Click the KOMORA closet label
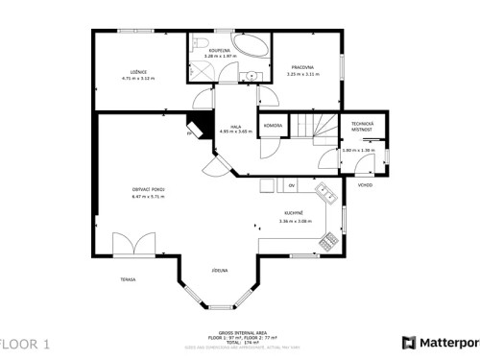coord(272,125)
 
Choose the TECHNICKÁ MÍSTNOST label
coord(361,125)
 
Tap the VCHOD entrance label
coord(365,184)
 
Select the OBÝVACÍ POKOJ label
coord(148,189)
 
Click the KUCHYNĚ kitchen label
coord(295,213)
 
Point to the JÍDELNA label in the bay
coord(220,272)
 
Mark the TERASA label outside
coord(128,279)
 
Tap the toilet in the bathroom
coord(198,45)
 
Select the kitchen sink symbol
coord(327,195)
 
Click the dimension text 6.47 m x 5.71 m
coord(148,196)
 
